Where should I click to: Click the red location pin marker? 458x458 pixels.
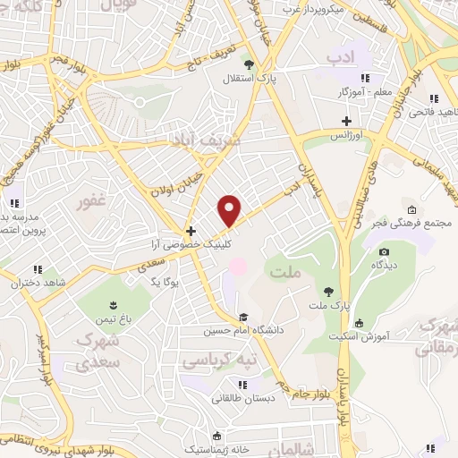click(231, 209)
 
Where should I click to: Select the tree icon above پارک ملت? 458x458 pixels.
click(329, 292)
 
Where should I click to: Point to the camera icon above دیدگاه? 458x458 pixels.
click(385, 252)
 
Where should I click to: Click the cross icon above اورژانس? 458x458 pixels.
click(346, 121)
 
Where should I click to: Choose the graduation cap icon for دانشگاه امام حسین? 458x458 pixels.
click(243, 318)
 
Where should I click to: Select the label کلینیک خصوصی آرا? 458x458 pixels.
click(190, 243)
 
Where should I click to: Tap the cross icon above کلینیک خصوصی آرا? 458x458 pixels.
click(190, 230)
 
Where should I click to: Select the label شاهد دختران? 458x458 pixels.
click(36, 283)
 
